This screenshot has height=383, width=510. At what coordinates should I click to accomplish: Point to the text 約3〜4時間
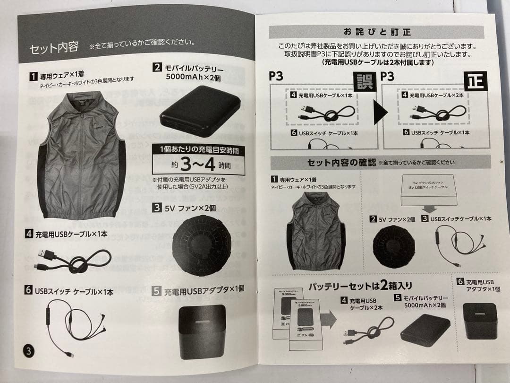pos(198,165)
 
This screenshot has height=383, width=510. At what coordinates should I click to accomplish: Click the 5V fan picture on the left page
pos(202,244)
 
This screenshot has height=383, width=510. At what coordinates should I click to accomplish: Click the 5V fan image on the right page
pos(394,246)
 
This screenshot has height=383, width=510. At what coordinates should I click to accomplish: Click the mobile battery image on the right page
pos(425,330)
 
